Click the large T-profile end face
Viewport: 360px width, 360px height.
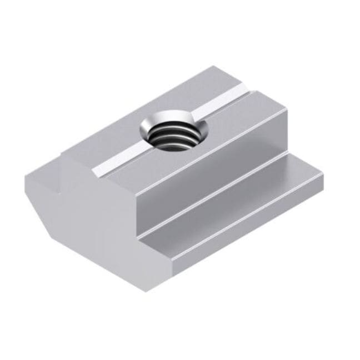pos(89,211)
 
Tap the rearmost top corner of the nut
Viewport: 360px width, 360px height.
pos(214,66)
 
